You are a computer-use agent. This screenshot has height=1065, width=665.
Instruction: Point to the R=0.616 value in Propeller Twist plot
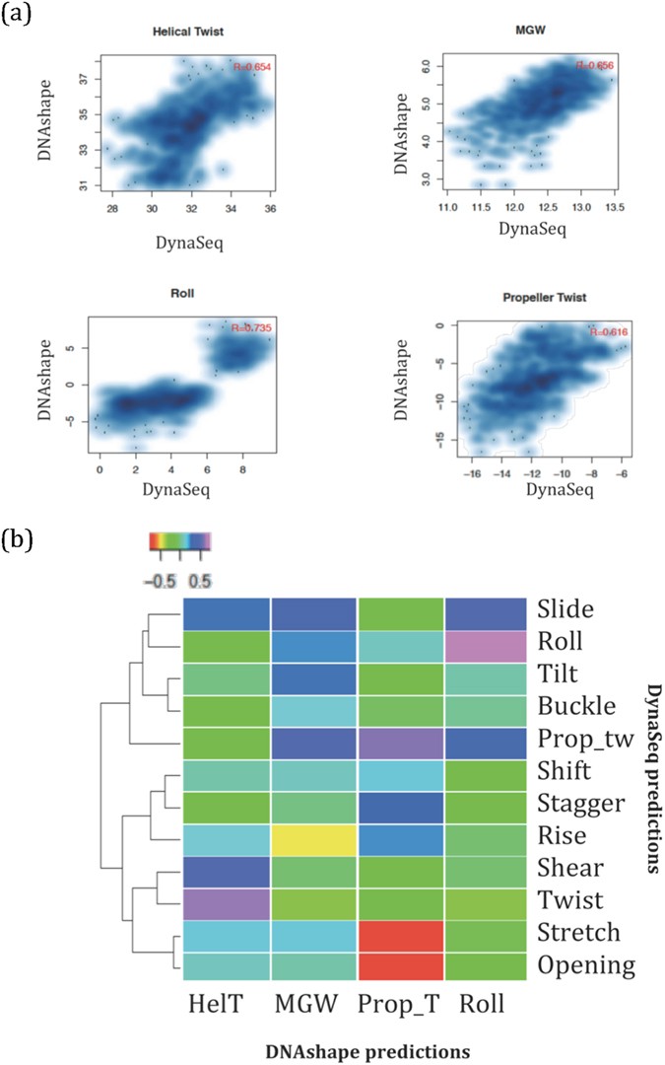(608, 332)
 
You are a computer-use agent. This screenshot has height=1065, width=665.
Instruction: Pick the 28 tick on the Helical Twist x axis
(112, 209)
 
